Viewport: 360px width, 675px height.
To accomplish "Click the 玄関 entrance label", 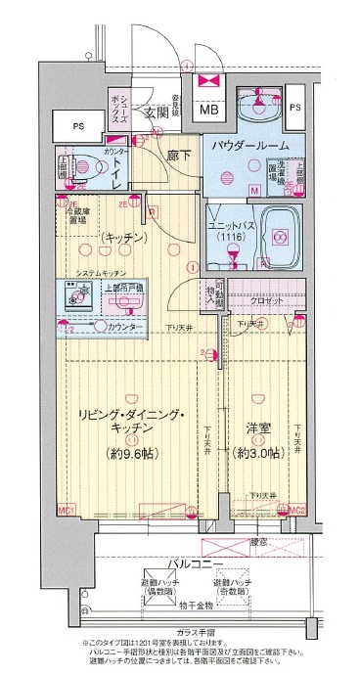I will click(x=157, y=112).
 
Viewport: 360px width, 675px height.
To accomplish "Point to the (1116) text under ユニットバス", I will click(x=230, y=238).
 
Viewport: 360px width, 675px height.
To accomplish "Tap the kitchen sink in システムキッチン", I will click(x=74, y=293).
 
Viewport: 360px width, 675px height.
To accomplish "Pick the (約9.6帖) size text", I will click(x=132, y=452).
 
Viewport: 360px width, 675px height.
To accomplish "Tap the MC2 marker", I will click(x=298, y=510).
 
